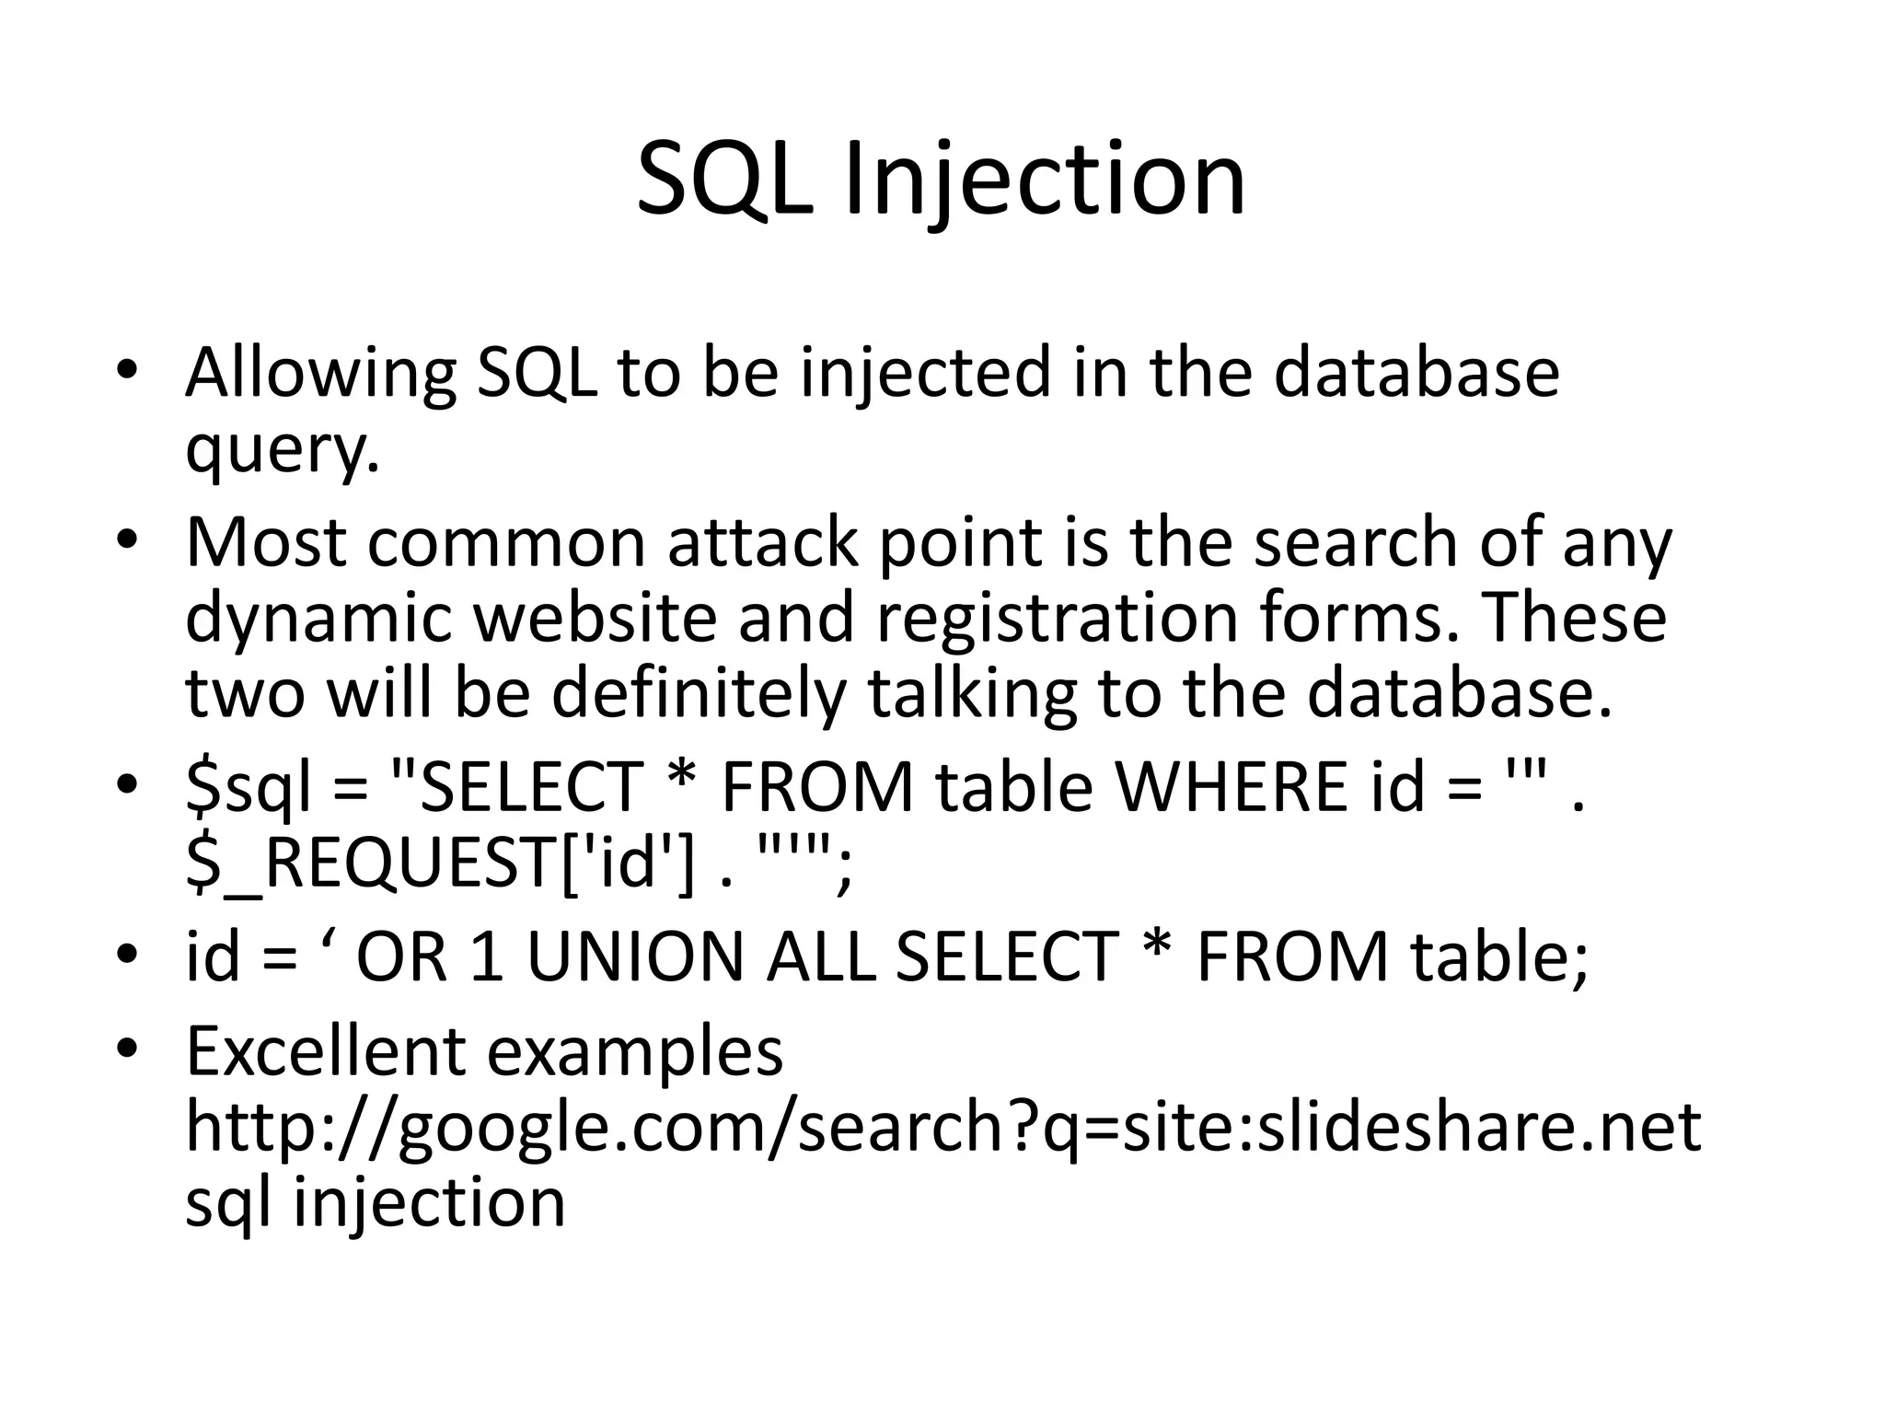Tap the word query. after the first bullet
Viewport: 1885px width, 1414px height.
click(x=283, y=449)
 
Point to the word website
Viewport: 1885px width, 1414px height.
click(x=595, y=618)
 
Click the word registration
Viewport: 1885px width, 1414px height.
click(x=1057, y=618)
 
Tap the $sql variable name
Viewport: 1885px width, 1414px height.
click(x=249, y=788)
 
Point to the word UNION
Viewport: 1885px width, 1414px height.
click(x=634, y=957)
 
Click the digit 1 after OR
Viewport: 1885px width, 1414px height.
click(x=487, y=957)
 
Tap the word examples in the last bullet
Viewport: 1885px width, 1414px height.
click(x=634, y=1052)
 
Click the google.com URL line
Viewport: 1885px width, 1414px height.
click(x=942, y=1129)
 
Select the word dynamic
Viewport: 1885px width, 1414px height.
click(x=318, y=618)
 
